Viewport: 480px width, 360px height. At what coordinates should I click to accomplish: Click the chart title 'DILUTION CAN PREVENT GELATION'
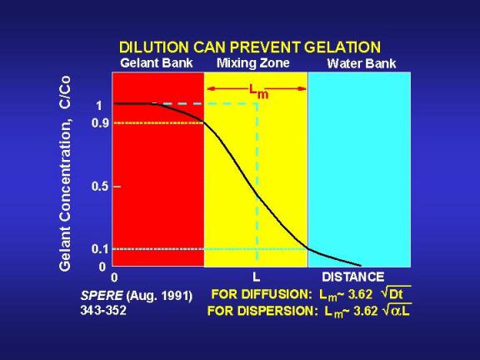tap(250, 47)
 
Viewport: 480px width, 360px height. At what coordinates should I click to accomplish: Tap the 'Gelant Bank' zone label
tap(157, 63)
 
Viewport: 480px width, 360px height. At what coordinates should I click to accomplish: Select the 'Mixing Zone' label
tap(253, 63)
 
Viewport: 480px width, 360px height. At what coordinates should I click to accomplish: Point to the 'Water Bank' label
tap(362, 63)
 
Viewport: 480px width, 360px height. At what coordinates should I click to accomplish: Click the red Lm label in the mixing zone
tap(258, 92)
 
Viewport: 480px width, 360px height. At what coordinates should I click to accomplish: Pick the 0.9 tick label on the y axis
tap(100, 123)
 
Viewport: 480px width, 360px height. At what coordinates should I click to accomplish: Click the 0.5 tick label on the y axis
tap(100, 186)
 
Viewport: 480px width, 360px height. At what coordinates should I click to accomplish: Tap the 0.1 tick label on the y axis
tap(100, 249)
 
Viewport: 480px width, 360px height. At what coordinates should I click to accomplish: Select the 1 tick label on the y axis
tap(99, 106)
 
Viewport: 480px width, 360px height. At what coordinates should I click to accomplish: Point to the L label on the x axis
tap(256, 277)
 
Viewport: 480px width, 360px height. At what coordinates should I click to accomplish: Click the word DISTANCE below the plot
tap(353, 277)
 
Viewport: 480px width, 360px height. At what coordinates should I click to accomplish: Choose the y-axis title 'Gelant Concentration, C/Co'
tap(65, 173)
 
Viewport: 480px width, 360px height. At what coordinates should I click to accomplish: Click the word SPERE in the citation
tap(102, 296)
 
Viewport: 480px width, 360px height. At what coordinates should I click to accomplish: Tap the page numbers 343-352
tap(103, 311)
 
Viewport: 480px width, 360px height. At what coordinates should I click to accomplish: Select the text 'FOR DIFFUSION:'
tap(262, 294)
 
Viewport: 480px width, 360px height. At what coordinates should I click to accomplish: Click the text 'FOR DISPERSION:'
tap(261, 311)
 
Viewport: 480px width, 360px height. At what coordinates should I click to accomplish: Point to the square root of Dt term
tap(396, 293)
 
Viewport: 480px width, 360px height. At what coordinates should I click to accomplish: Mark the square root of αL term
tap(397, 310)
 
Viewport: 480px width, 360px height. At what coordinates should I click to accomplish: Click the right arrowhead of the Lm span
tap(302, 89)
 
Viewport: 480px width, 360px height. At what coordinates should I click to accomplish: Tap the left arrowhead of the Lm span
tap(211, 89)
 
